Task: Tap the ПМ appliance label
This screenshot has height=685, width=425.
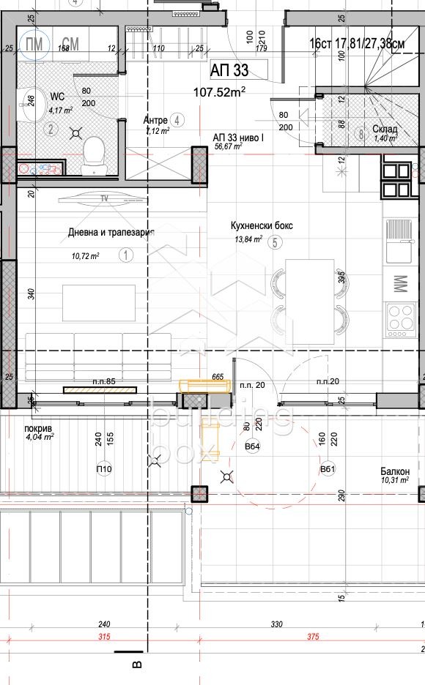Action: (34, 43)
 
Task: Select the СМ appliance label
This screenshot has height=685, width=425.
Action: (70, 43)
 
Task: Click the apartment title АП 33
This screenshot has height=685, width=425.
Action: (229, 71)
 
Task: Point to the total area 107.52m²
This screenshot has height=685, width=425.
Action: (219, 91)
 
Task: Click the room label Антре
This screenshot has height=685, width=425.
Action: (155, 120)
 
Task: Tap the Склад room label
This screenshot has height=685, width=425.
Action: (385, 130)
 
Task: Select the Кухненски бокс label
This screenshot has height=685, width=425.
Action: (262, 225)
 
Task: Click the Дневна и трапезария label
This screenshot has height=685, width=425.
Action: (111, 232)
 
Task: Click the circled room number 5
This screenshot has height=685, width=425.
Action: (274, 243)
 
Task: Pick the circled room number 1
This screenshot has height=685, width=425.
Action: (125, 255)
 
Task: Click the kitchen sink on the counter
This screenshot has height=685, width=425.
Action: (399, 242)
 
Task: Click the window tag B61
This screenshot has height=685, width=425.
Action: (327, 469)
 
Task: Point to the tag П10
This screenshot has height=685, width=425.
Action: (103, 469)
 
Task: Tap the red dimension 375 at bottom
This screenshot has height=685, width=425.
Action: (313, 637)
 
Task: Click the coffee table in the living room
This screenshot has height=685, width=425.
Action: (98, 302)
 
